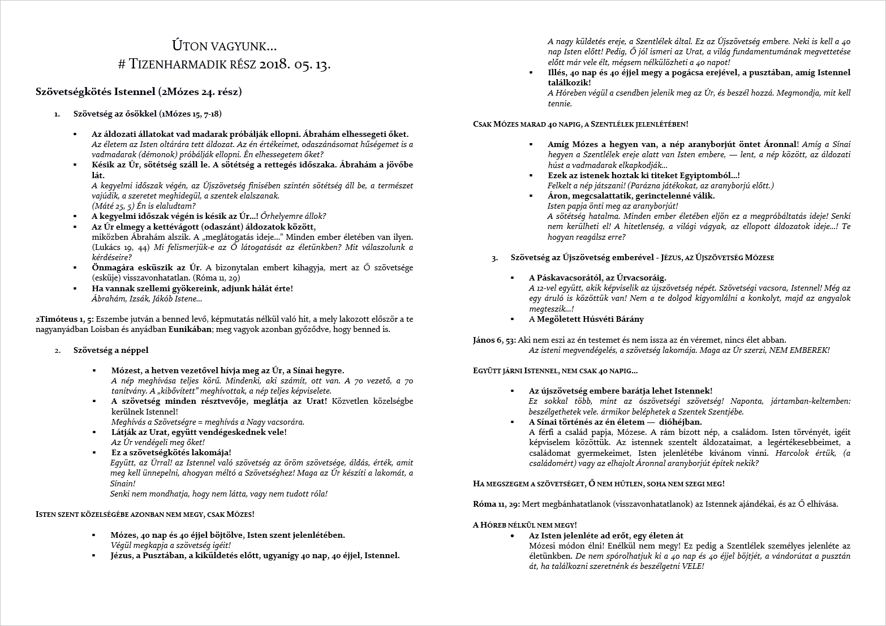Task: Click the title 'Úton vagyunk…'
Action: click(x=224, y=46)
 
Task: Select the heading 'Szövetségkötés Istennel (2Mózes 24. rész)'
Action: click(x=139, y=91)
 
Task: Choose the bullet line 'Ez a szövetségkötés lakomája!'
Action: click(x=171, y=452)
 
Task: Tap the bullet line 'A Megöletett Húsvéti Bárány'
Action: click(x=586, y=319)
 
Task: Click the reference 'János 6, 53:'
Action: click(x=494, y=340)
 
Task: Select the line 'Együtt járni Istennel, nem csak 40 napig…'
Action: click(x=555, y=370)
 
